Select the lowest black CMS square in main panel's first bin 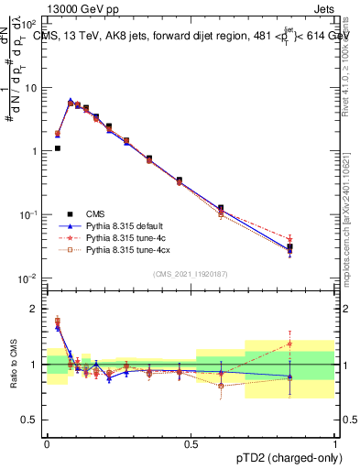point(57,147)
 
